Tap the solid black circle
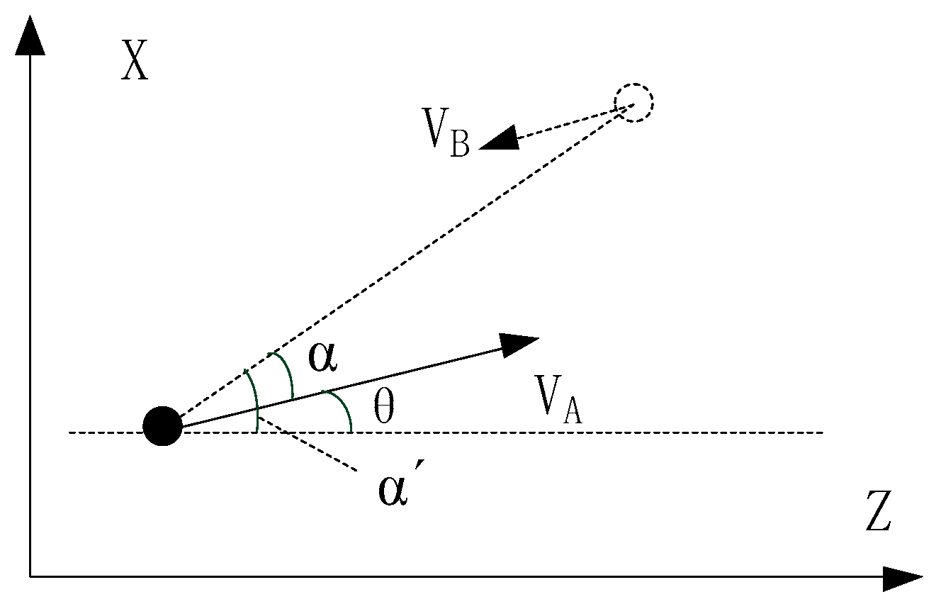click(x=163, y=426)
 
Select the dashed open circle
click(x=633, y=104)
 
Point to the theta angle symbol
click(x=383, y=409)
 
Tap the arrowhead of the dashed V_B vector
click(x=499, y=139)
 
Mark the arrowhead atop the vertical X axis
click(x=30, y=35)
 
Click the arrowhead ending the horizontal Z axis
click(x=903, y=577)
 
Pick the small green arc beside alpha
click(x=285, y=374)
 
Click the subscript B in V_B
click(x=459, y=145)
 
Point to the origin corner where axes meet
click(x=30, y=576)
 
